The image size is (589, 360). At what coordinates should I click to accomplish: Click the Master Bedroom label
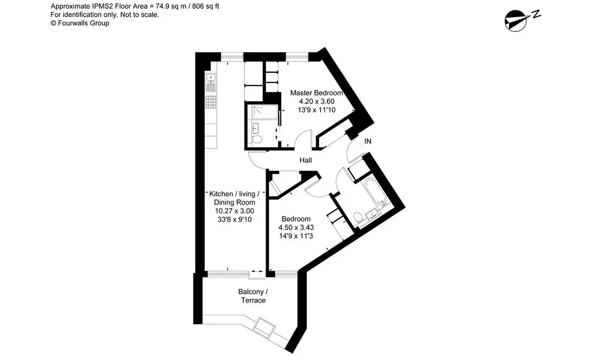(x=316, y=93)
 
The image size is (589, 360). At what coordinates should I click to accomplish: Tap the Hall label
(x=305, y=160)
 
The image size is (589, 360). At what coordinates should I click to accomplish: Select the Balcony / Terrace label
(x=253, y=296)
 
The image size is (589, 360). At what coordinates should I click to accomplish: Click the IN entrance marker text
(x=368, y=141)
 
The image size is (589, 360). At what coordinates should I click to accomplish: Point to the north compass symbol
(x=522, y=21)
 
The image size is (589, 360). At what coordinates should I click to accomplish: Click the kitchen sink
(x=211, y=83)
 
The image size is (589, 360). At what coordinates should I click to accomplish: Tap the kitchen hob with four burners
(x=211, y=102)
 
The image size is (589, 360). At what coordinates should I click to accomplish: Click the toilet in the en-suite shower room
(x=256, y=139)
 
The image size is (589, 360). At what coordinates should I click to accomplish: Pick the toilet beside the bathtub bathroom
(x=358, y=218)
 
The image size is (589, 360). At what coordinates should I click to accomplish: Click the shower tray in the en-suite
(x=265, y=112)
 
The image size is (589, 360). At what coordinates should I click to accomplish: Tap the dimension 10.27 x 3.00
(x=235, y=211)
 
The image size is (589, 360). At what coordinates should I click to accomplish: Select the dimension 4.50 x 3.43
(x=296, y=227)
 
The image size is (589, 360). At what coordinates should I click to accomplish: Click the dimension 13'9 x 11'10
(x=317, y=110)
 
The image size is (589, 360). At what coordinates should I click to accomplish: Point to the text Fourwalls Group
(x=83, y=23)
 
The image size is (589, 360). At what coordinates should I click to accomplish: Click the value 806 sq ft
(x=206, y=6)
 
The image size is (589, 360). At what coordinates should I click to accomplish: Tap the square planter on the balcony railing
(x=264, y=328)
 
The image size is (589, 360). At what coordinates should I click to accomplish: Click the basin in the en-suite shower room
(x=255, y=128)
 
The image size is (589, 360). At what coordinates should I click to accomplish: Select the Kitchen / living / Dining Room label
(x=234, y=198)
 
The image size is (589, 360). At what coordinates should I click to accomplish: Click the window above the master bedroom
(x=297, y=57)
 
